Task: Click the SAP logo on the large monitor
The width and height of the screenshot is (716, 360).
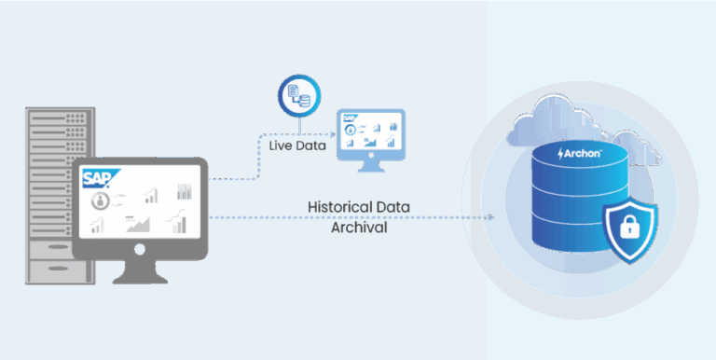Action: pyautogui.click(x=96, y=178)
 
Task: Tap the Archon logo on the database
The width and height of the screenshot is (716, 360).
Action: pyautogui.click(x=579, y=152)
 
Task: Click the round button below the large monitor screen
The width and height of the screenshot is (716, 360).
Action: pyautogui.click(x=140, y=249)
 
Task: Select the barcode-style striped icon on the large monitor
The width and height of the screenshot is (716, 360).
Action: pyautogui.click(x=183, y=192)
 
